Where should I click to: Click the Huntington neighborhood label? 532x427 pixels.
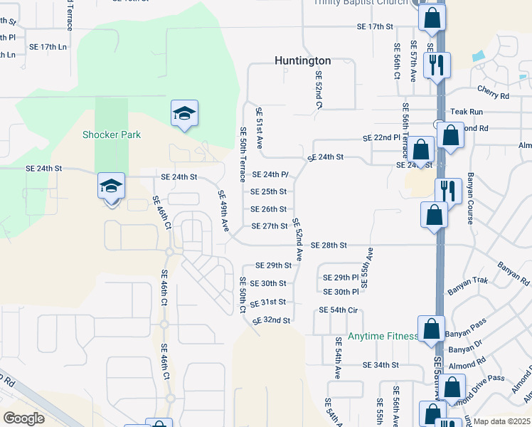303,61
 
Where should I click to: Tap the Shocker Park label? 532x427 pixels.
112,135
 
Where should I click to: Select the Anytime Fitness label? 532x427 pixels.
383,337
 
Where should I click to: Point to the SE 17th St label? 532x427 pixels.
375,27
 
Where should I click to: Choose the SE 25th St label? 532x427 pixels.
268,191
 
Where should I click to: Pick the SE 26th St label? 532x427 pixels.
268,209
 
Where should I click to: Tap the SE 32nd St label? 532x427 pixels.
272,320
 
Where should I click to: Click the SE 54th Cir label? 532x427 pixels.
338,310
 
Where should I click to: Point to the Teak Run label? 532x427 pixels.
467,112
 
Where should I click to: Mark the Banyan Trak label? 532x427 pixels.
468,281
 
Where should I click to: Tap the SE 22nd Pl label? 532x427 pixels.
382,137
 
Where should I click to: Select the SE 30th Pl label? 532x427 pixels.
341,292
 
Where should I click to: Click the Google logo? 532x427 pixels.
23,418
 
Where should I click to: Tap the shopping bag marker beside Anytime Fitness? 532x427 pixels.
431,330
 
